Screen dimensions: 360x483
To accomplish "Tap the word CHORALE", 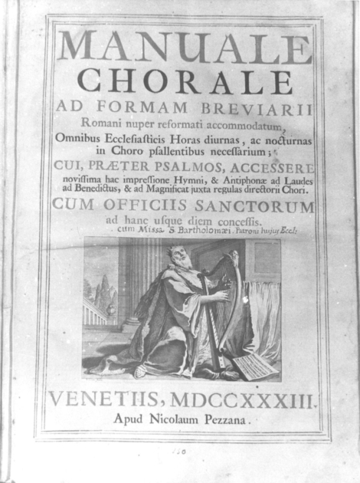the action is click(x=184, y=80).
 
